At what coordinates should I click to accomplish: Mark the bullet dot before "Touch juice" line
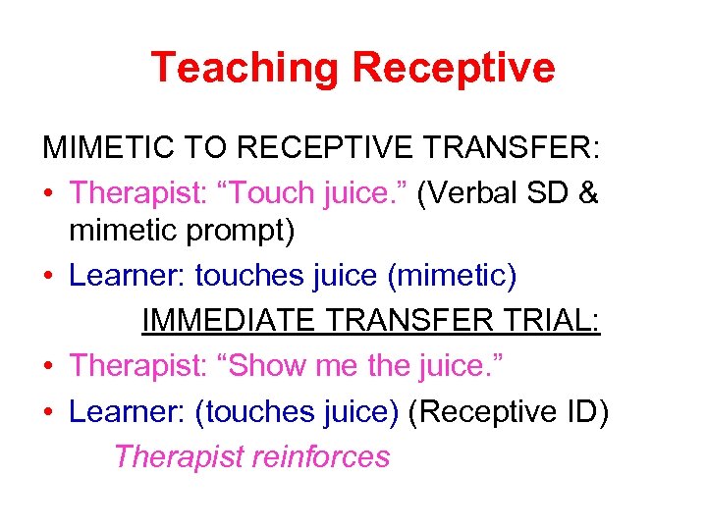pos(49,194)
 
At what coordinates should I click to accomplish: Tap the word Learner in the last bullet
pos(123,411)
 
